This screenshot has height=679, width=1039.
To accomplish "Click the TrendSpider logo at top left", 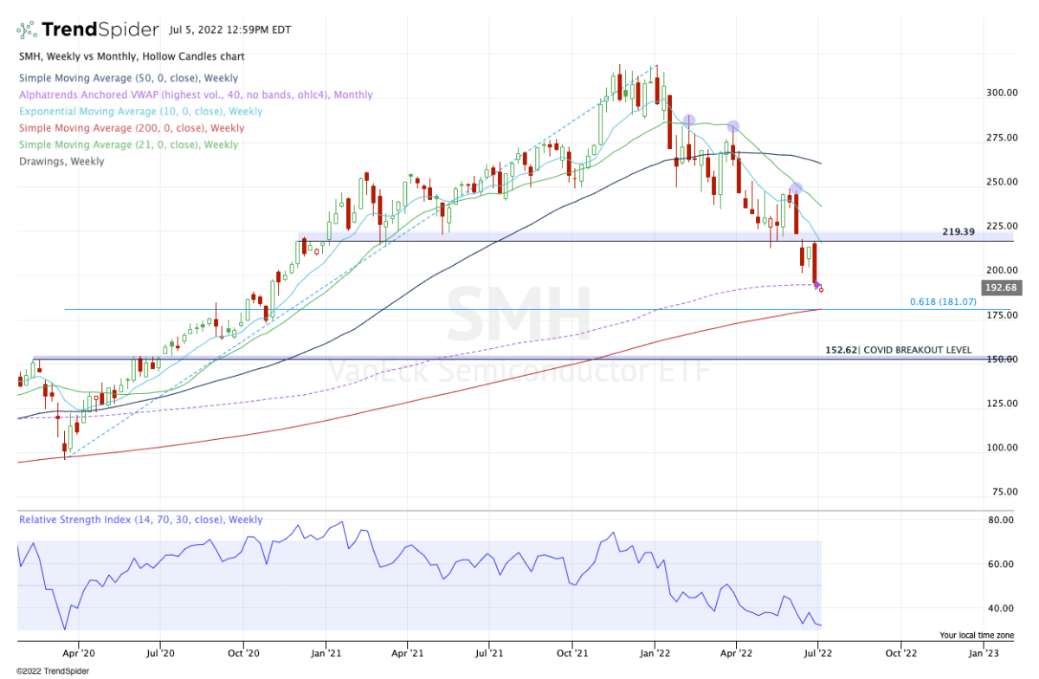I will (x=87, y=29).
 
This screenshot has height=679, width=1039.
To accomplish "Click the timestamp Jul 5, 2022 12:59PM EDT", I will (x=230, y=29).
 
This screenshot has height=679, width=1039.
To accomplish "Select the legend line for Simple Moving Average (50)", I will (x=127, y=79).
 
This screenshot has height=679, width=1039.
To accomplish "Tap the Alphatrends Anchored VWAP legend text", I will (x=195, y=95).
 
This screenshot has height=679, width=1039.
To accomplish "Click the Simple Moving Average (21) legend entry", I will (x=127, y=145).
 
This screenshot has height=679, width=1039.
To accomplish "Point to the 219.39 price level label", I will (x=959, y=232).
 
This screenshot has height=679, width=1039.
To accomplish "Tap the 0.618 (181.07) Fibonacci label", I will (x=943, y=301).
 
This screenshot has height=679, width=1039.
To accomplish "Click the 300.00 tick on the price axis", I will (x=1002, y=93).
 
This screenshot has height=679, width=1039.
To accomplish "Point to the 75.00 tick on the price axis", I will (x=1002, y=491).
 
